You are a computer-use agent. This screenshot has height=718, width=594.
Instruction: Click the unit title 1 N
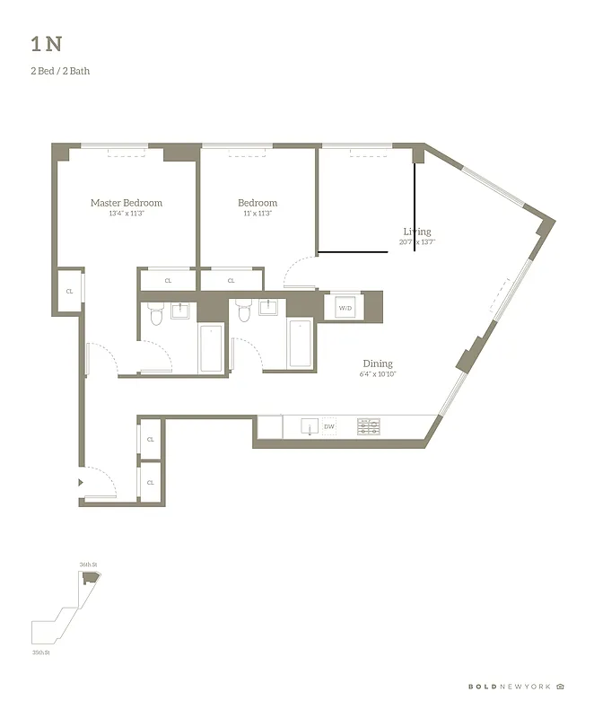tap(46, 44)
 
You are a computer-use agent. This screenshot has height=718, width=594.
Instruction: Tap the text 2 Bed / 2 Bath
tap(60, 71)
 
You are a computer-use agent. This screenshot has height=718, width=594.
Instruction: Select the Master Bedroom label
tap(127, 203)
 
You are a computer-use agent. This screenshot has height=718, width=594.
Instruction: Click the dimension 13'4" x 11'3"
tap(127, 214)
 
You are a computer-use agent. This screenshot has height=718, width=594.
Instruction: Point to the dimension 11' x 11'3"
tap(258, 214)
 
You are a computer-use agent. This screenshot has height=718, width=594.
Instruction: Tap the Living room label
tap(417, 232)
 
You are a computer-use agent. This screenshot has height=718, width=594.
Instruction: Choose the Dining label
tap(378, 363)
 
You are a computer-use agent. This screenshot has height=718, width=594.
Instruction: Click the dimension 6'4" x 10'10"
tap(378, 374)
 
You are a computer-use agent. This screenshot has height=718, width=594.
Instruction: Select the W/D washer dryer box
tap(345, 308)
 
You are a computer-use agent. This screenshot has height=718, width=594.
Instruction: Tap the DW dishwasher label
tap(329, 427)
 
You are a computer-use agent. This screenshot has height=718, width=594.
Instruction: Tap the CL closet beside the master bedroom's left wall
tap(69, 292)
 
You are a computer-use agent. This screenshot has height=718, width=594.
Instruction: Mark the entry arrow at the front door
tap(82, 482)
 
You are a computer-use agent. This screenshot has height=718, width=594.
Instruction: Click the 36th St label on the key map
tap(87, 564)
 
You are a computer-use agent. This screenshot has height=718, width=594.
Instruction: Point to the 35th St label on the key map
tap(39, 652)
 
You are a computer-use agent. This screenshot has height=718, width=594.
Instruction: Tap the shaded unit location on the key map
tap(88, 579)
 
